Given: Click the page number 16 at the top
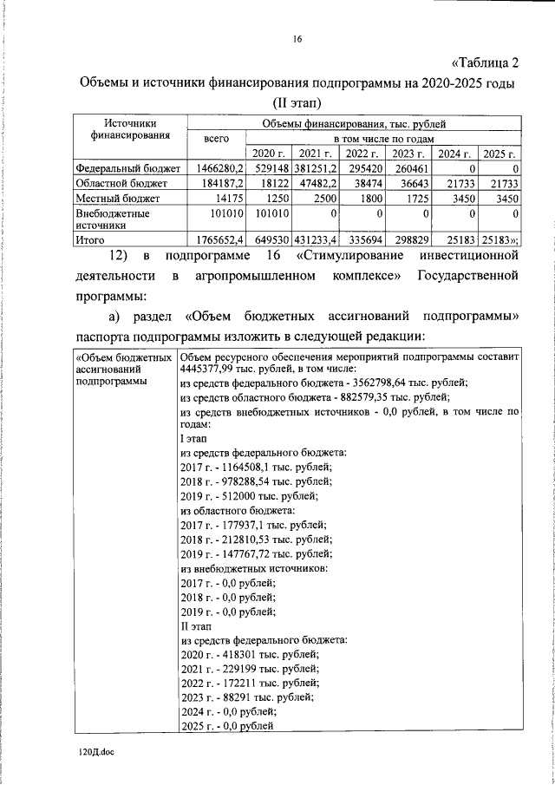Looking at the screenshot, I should coord(297,39).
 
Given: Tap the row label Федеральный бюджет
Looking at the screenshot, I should coord(127,168).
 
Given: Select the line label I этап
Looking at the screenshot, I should coord(193,439).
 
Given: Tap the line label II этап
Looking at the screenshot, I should coord(194,625).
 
